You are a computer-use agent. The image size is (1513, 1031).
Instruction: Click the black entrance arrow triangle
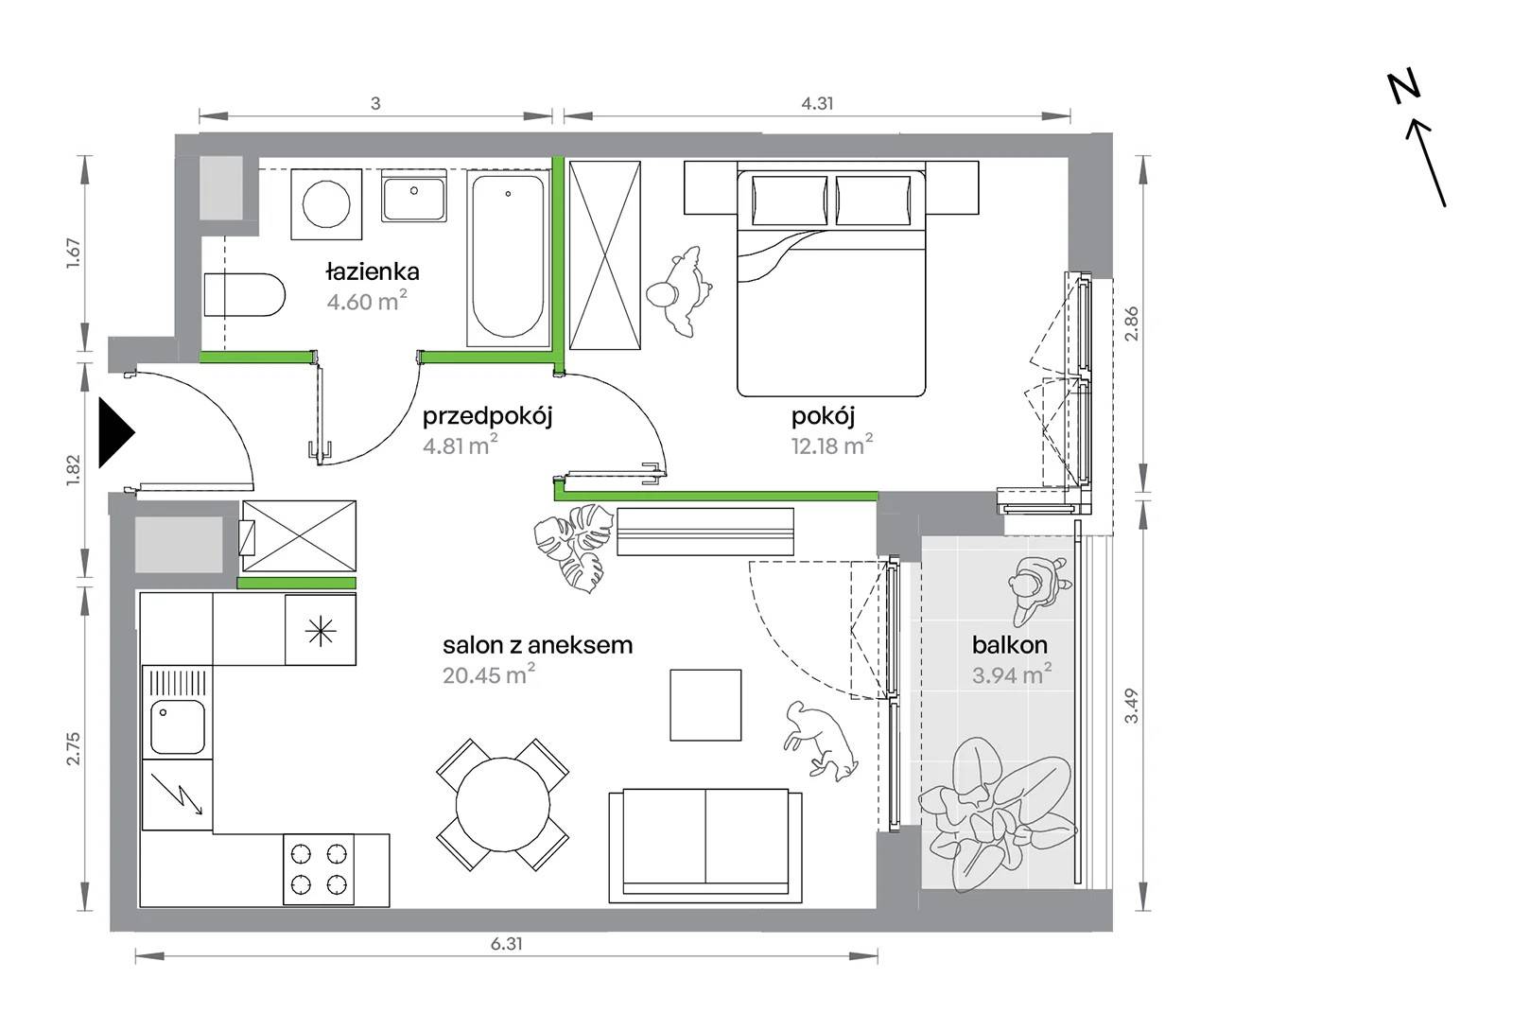click(x=114, y=432)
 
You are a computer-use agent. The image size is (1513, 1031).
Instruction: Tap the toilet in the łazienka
click(x=244, y=294)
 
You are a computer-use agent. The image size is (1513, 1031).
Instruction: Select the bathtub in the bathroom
click(x=507, y=258)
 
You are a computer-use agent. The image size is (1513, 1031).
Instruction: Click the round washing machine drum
click(x=326, y=204)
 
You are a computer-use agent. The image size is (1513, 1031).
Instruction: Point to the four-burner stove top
click(x=319, y=869)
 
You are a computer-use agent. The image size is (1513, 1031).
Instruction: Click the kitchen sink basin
click(x=177, y=727)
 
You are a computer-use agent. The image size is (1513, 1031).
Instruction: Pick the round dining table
click(x=502, y=804)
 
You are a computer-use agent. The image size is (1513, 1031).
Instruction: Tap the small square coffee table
click(x=705, y=705)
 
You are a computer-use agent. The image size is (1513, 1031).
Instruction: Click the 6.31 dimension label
click(x=507, y=944)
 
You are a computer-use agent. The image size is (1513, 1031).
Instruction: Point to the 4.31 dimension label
click(x=817, y=103)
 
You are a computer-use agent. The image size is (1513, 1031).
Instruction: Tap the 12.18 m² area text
click(x=832, y=446)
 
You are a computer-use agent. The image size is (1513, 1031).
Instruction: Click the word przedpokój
click(x=488, y=416)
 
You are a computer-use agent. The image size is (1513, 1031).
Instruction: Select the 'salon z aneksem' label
click(x=538, y=645)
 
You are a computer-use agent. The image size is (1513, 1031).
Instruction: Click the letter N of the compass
click(x=1403, y=88)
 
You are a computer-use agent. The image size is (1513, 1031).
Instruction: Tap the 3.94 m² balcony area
click(x=1012, y=674)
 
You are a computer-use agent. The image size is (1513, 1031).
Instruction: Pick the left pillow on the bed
click(x=790, y=201)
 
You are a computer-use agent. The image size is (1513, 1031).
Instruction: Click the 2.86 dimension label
click(x=1131, y=323)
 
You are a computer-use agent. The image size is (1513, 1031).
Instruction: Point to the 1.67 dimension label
click(x=74, y=253)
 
